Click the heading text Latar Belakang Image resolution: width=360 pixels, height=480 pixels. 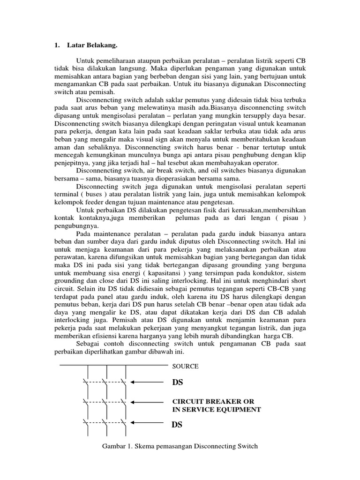[x=93, y=45]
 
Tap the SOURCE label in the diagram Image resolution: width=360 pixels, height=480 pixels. [x=186, y=366]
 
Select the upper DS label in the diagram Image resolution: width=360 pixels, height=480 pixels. [x=178, y=383]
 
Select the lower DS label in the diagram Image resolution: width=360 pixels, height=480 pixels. [x=178, y=425]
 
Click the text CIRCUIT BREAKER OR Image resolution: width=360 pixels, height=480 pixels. [x=213, y=402]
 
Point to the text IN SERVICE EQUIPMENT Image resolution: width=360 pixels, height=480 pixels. [x=217, y=409]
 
